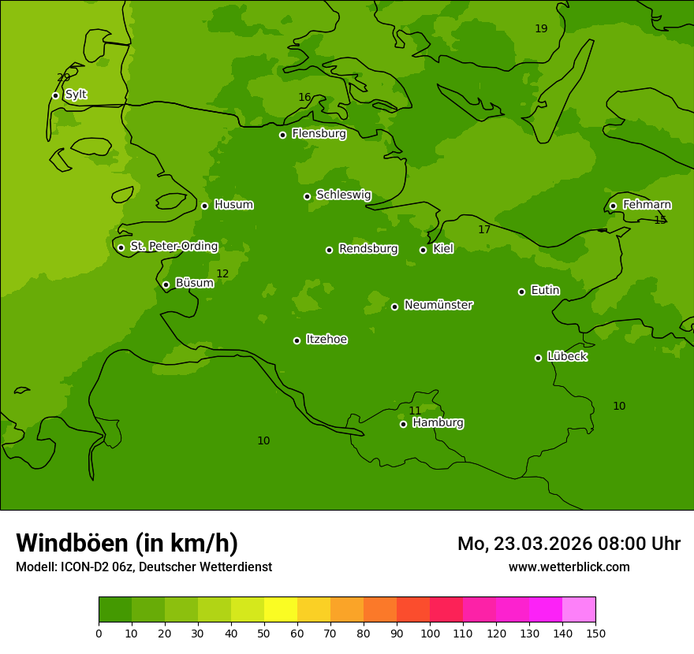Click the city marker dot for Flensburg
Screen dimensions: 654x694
click(282, 135)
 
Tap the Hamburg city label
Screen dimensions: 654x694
click(438, 423)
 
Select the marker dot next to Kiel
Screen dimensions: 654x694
click(423, 250)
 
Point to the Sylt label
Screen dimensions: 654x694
click(76, 95)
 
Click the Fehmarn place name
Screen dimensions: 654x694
click(647, 205)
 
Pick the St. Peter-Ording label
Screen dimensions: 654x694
click(173, 247)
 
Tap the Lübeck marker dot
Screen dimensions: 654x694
click(538, 358)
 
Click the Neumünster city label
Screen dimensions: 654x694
click(438, 305)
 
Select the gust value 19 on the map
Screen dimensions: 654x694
click(541, 29)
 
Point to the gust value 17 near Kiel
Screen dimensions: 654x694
click(484, 230)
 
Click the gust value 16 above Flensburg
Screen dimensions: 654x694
click(304, 98)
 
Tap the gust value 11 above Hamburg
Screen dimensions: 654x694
click(415, 411)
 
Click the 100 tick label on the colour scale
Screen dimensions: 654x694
click(430, 633)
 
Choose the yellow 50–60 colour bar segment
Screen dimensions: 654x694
click(281, 610)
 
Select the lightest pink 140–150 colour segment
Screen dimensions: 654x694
click(579, 610)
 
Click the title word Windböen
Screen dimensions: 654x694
click(72, 543)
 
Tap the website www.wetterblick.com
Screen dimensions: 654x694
click(569, 567)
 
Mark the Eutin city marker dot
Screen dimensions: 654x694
click(521, 292)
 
